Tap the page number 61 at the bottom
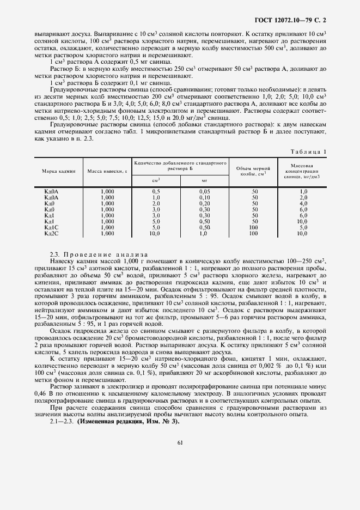pos(180,442)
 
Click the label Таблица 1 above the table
pos(309,151)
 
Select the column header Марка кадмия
pos(58,171)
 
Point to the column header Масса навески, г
pos(107,171)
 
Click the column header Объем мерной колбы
pos(254,171)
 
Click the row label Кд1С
pos(51,227)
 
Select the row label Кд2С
pos(51,233)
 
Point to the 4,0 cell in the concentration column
pos(303,203)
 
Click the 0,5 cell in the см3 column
pos(156,192)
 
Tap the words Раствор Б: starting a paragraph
pos(63,69)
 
